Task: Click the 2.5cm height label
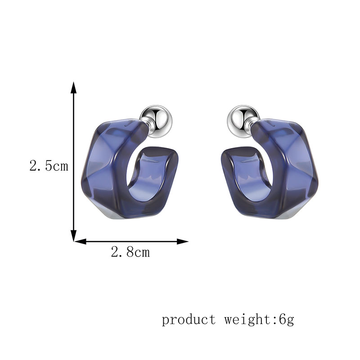49,166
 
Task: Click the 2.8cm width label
130,252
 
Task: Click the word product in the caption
189,319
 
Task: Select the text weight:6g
259,319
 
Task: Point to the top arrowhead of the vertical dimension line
73,88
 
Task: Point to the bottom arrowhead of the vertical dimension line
73,236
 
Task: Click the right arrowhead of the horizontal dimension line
183,241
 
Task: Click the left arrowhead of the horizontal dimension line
80,241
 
